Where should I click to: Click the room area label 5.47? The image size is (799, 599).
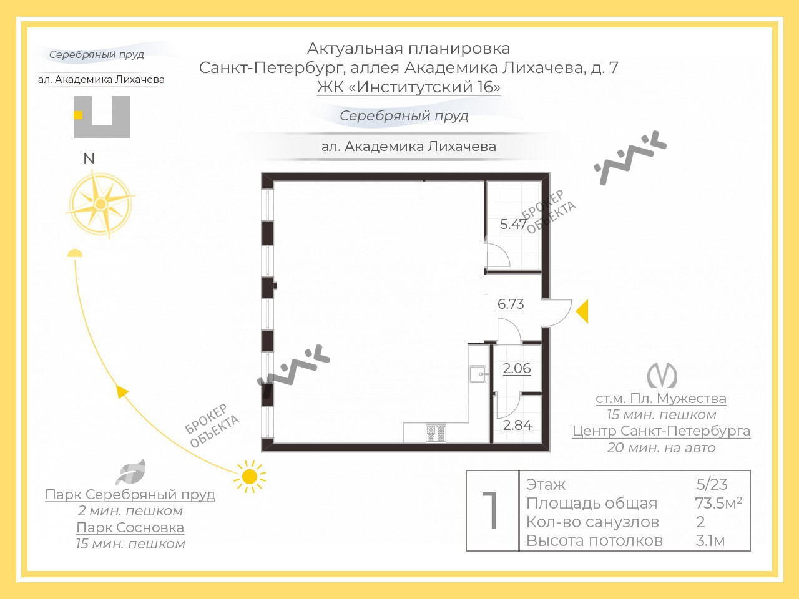pyautogui.click(x=514, y=224)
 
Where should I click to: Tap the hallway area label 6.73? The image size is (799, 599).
pyautogui.click(x=511, y=304)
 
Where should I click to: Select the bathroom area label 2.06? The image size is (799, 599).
pyautogui.click(x=517, y=368)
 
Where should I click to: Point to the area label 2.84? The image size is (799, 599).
pyautogui.click(x=517, y=425)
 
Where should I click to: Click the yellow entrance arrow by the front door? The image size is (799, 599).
pyautogui.click(x=583, y=311)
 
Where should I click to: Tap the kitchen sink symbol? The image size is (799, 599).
pyautogui.click(x=478, y=374)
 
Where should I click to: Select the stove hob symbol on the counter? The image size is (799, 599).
pyautogui.click(x=436, y=433)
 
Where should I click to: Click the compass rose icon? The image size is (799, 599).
pyautogui.click(x=101, y=203)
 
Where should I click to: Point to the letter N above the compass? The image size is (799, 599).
pyautogui.click(x=89, y=159)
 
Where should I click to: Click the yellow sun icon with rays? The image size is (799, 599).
pyautogui.click(x=250, y=477)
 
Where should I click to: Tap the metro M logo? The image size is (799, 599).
pyautogui.click(x=662, y=376)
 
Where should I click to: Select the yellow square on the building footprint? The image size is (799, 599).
pyautogui.click(x=78, y=115)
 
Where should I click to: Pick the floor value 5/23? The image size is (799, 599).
pyautogui.click(x=712, y=484)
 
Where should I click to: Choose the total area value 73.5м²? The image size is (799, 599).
pyautogui.click(x=718, y=503)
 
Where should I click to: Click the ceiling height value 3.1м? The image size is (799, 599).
pyautogui.click(x=710, y=541)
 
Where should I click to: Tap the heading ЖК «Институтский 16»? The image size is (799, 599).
pyautogui.click(x=408, y=87)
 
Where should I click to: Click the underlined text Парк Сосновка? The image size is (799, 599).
pyautogui.click(x=130, y=527)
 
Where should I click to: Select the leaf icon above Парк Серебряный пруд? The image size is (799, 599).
pyautogui.click(x=130, y=472)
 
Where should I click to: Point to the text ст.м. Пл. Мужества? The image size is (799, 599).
pyautogui.click(x=661, y=399)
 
